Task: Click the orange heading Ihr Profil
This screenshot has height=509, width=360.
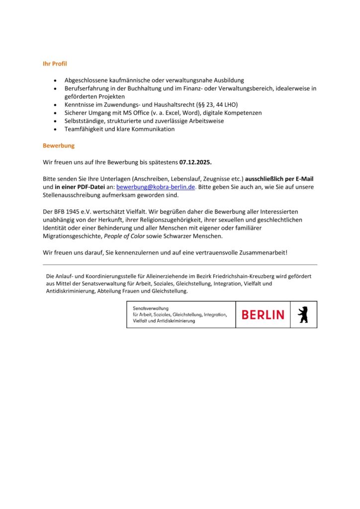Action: point(55,64)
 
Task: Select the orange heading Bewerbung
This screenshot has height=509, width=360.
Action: point(59,146)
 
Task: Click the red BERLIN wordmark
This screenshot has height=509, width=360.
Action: point(263,315)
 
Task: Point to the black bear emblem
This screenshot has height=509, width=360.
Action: point(303,315)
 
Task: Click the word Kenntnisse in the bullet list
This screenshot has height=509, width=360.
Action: point(81,105)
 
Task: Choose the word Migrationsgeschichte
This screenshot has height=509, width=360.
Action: point(73,236)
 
